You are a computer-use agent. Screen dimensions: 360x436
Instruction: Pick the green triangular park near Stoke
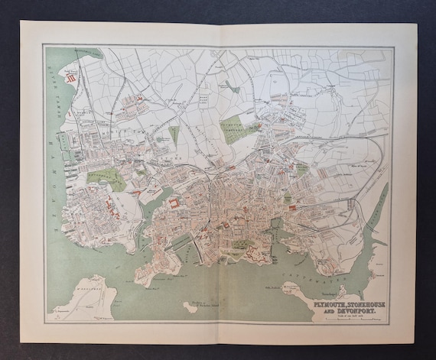click(x=174, y=135)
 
